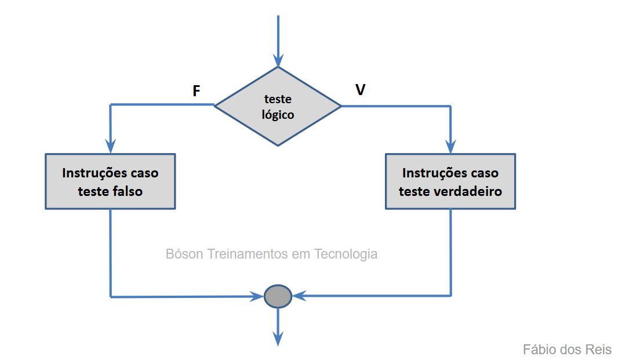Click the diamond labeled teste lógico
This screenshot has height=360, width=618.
pos(278,106)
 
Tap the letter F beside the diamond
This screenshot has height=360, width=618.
pos(197,91)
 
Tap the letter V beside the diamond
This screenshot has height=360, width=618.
pos(360,90)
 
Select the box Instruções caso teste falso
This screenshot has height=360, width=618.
pos(110,181)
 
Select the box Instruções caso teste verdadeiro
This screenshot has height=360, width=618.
pos(450,181)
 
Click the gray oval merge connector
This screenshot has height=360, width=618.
pos(278,296)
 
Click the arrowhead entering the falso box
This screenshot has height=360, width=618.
pos(110,146)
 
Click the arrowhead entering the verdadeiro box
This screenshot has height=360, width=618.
pos(450,146)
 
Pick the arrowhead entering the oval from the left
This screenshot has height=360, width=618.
pos(257,297)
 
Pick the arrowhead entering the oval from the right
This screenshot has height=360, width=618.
pos(299,296)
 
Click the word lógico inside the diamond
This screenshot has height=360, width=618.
pos(278,115)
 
